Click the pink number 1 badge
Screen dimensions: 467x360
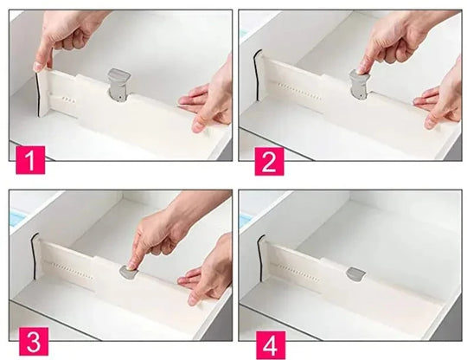coord(30,160)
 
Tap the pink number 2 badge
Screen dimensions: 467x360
coord(269,161)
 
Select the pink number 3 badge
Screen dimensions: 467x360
coord(34,341)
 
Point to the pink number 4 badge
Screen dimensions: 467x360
coord(271,345)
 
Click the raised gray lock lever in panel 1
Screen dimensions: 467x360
coord(119,85)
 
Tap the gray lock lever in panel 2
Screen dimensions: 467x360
coord(360,84)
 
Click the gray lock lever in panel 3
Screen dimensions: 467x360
coord(130,272)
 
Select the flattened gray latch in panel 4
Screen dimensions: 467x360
coord(355,273)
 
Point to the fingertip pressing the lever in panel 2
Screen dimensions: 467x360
coord(361,70)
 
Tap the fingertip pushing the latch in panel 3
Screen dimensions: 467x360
coord(131,266)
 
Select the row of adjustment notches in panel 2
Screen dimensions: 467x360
coord(298,91)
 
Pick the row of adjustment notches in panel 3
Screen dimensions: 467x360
coord(69,271)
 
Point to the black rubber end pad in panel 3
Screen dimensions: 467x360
coord(33,256)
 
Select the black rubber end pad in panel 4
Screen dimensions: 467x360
coord(260,258)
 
